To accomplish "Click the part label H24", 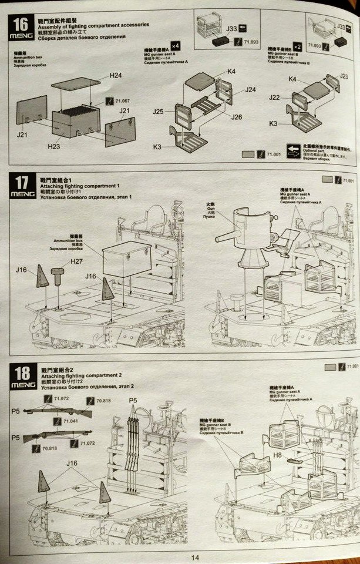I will (116, 76).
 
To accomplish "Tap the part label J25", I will (158, 112).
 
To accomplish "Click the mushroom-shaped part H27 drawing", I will (58, 274).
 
